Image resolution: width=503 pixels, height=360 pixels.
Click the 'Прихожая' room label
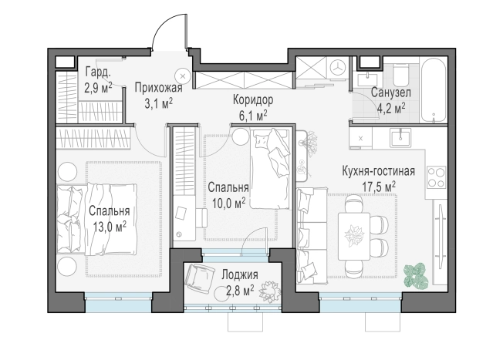pos(158,88)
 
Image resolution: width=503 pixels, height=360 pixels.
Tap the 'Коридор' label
pos(253,99)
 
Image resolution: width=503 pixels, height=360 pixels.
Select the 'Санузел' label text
pos(390,93)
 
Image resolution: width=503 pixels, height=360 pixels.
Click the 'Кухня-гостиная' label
pos(379,171)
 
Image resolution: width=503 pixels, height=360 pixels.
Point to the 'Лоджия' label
pos(240,274)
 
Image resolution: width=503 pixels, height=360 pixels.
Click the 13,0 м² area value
pos(110,227)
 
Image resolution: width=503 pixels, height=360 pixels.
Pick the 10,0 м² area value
pos(228,204)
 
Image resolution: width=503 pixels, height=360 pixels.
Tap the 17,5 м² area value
pos(379,187)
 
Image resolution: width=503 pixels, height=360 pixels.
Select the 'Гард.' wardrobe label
pos(98,72)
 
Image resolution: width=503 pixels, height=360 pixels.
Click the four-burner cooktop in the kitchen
pos(437,177)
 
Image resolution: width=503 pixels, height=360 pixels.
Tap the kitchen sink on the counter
pos(400,137)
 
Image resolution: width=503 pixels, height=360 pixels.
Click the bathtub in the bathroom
pos(434,90)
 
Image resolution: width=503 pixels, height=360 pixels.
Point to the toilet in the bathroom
pos(400,73)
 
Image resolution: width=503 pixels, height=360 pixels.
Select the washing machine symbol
pos(338,69)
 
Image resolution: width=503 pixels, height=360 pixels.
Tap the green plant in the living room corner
pos(414,277)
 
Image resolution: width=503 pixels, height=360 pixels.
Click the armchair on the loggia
pos(200,277)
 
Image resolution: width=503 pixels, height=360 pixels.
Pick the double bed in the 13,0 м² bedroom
pos(97,219)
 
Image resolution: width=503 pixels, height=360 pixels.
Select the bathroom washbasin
pos(367,79)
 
